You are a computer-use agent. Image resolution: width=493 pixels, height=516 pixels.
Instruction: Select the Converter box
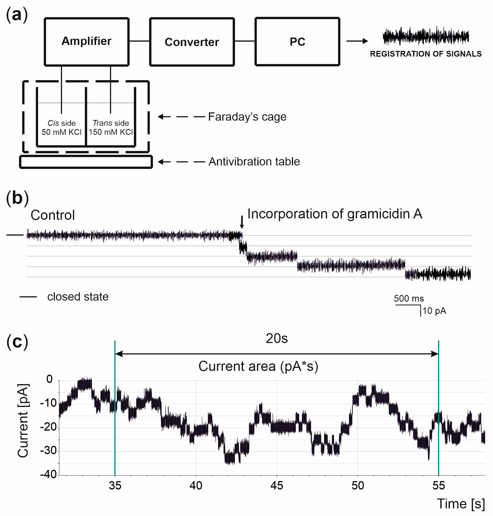192,42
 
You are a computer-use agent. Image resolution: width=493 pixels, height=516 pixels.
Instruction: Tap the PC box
297,42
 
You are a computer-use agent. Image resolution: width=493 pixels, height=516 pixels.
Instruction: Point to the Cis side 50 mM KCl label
62,128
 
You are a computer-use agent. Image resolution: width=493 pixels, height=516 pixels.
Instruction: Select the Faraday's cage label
247,117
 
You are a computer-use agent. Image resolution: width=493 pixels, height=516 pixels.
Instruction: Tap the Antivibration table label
254,161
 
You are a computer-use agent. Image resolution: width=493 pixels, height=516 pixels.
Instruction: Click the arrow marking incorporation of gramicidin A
242,222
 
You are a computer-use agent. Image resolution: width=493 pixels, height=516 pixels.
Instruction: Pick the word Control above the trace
53,215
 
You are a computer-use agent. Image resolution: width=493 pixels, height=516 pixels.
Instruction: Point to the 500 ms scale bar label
409,298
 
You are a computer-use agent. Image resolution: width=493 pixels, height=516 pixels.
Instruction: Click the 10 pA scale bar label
434,311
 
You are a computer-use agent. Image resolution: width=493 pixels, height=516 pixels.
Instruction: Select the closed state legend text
78,297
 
